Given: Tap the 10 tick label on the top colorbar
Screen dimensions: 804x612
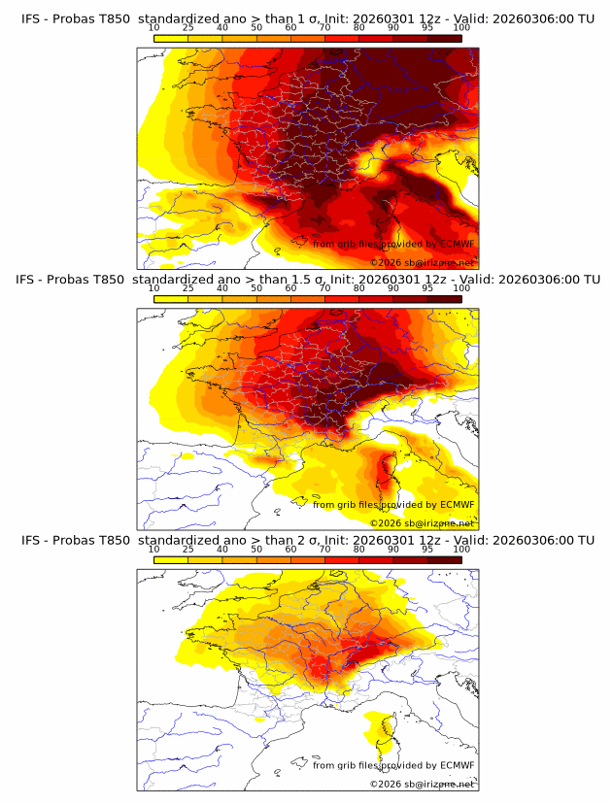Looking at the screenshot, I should [x=153, y=29].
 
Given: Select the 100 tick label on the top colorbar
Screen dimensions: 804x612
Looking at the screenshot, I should [x=461, y=29].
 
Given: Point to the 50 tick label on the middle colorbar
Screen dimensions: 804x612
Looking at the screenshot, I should [x=256, y=289].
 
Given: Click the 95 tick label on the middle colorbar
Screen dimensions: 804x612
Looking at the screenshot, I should [x=427, y=289].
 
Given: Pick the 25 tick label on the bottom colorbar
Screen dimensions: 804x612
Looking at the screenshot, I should [x=187, y=550].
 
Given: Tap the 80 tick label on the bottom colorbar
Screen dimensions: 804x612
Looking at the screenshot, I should [x=359, y=550].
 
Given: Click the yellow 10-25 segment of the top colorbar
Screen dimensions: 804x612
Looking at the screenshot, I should [x=170, y=38].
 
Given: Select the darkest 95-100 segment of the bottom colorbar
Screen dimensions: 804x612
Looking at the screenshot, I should [x=445, y=559].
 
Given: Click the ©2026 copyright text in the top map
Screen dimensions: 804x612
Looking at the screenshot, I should [x=386, y=263].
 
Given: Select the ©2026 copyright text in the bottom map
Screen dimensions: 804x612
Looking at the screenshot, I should [x=386, y=784].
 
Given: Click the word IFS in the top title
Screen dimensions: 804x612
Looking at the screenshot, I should [x=31, y=19].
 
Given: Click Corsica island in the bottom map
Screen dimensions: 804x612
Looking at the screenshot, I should [x=382, y=732].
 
